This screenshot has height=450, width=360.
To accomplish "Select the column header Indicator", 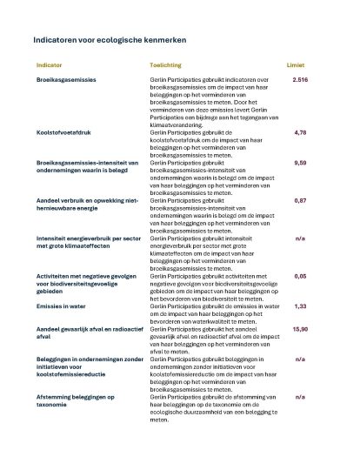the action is click(x=49, y=65).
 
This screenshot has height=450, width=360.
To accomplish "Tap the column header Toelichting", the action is click(x=165, y=65).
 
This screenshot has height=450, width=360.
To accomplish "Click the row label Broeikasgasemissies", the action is click(x=66, y=80).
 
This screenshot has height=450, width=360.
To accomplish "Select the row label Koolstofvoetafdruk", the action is click(x=64, y=134).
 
